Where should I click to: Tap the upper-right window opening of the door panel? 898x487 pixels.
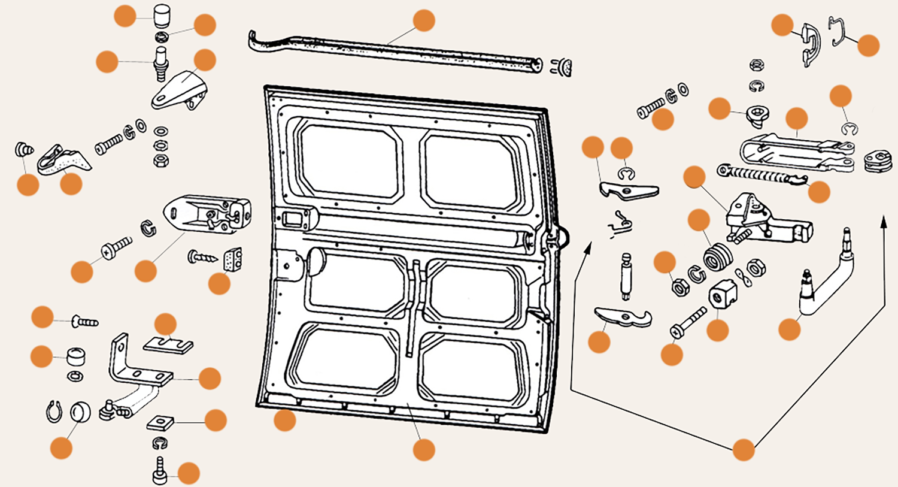coord(471,170)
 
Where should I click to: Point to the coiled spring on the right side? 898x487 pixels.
coord(760,176)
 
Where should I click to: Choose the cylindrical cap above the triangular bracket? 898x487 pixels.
coord(161,16)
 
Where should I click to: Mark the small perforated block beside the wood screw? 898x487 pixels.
coord(232,259)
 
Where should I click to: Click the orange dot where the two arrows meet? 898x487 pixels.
coord(744,449)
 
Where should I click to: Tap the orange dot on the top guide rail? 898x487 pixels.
coord(424,20)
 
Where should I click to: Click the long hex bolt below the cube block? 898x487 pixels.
coord(688,322)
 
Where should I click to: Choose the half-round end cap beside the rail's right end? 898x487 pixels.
coord(563,68)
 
